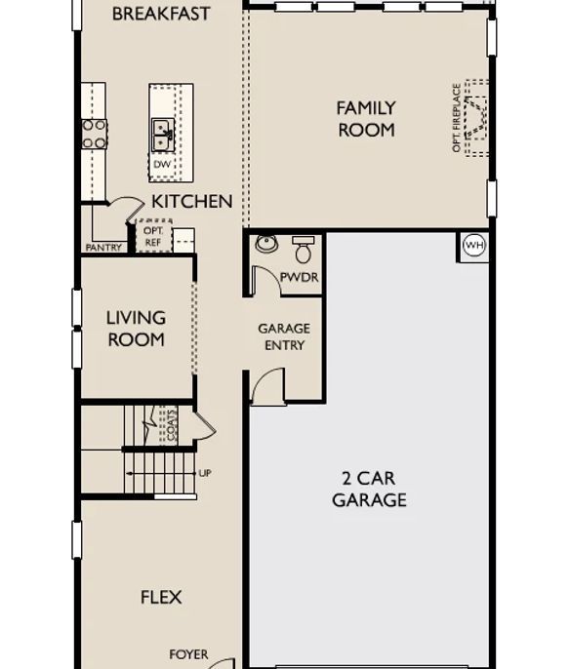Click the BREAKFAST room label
(x=161, y=14)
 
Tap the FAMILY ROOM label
(x=366, y=119)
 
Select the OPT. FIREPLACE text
(x=457, y=118)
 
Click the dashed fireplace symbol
(x=476, y=118)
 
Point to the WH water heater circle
(x=474, y=246)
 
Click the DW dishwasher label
(x=162, y=164)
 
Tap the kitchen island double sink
(x=163, y=135)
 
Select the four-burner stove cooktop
(x=95, y=134)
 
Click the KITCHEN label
(x=192, y=201)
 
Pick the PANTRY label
(x=103, y=248)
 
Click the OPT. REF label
(x=153, y=236)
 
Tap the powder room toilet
(x=304, y=250)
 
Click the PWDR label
(x=300, y=277)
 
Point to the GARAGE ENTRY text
(x=284, y=336)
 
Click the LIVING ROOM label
(x=137, y=329)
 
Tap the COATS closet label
(x=171, y=425)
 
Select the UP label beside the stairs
(x=205, y=473)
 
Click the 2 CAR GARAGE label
(x=369, y=489)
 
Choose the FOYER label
(x=188, y=654)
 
